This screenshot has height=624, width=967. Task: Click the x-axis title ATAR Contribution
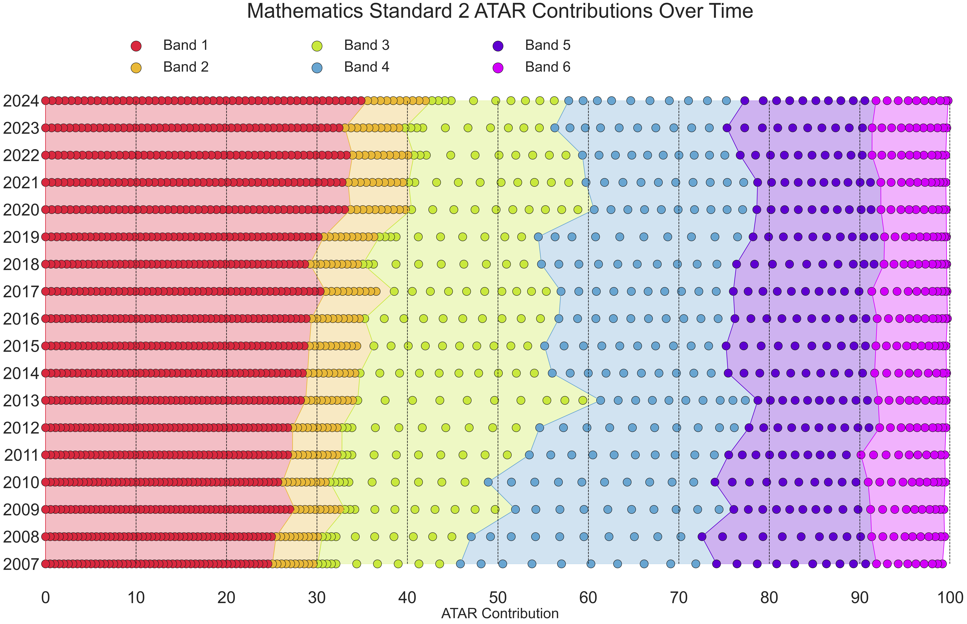(x=500, y=613)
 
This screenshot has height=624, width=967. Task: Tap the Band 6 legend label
(x=548, y=67)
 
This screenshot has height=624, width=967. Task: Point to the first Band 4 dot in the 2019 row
(x=538, y=237)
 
